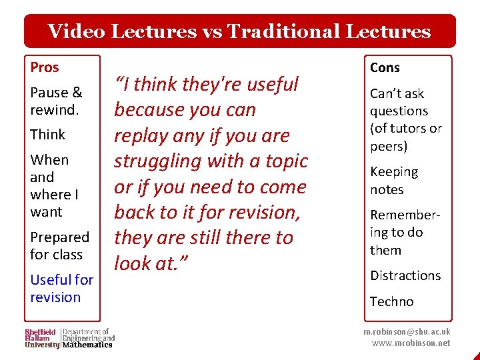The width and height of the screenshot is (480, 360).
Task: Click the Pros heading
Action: (45, 67)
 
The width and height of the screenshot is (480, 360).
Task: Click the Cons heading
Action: (385, 67)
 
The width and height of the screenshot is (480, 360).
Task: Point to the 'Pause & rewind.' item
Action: (56, 101)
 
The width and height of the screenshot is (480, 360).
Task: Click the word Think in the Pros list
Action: (47, 135)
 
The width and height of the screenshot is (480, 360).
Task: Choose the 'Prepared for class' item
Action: (59, 246)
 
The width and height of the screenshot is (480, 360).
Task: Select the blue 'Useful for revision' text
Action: (61, 289)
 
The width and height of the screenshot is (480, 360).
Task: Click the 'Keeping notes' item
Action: (394, 181)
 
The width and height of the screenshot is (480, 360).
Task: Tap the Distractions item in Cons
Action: (405, 275)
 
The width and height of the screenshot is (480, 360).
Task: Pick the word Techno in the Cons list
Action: (391, 301)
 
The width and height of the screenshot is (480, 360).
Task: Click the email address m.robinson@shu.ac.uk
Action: (407, 331)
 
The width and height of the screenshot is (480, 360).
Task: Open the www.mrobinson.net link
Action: (411, 343)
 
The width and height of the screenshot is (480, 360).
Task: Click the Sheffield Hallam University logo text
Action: (41, 338)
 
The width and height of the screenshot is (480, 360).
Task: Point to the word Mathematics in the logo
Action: (87, 345)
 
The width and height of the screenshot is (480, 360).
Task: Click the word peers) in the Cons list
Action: (388, 145)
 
